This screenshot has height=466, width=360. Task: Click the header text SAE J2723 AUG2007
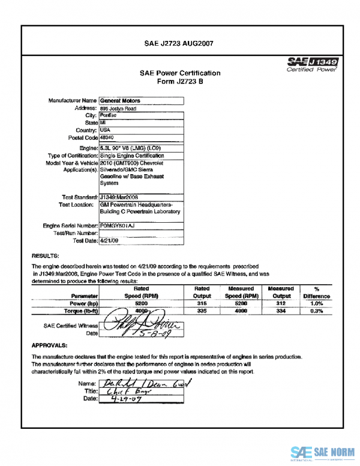tap(179, 43)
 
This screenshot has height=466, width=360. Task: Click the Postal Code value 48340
tap(108, 138)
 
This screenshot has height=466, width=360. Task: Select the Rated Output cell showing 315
tap(202, 304)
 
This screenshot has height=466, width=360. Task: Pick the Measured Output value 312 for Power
tap(281, 304)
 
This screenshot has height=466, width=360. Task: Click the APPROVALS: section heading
tap(49, 345)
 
